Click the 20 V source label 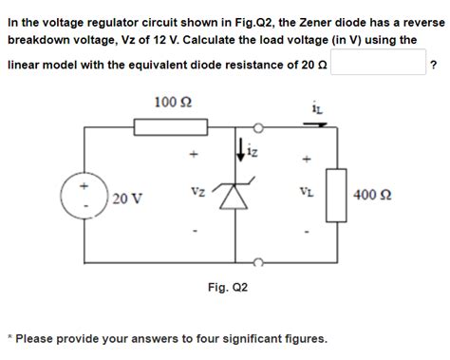click(x=125, y=199)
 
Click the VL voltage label click(x=306, y=191)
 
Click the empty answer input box click(x=377, y=64)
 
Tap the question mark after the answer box click(x=433, y=64)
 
